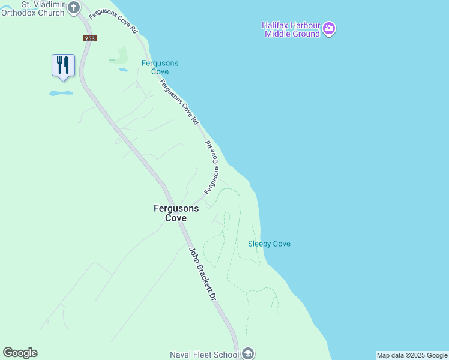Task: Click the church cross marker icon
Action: [73, 7]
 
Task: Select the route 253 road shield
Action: [89, 38]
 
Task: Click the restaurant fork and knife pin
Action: [63, 65]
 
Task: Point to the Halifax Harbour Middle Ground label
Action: [291, 29]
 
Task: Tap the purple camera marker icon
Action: [328, 28]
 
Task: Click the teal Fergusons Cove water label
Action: [160, 67]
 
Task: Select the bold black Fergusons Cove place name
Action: [176, 213]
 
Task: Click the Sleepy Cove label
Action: [269, 244]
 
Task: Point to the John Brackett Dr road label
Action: [202, 275]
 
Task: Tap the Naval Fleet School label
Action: [204, 355]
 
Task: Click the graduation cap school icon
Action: [248, 353]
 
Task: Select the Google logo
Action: [20, 353]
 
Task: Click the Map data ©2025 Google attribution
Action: [412, 355]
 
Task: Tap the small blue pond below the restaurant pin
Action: [61, 94]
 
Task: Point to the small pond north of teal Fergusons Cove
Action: [123, 70]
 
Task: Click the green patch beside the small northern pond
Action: [119, 56]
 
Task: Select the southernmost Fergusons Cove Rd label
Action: [211, 168]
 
